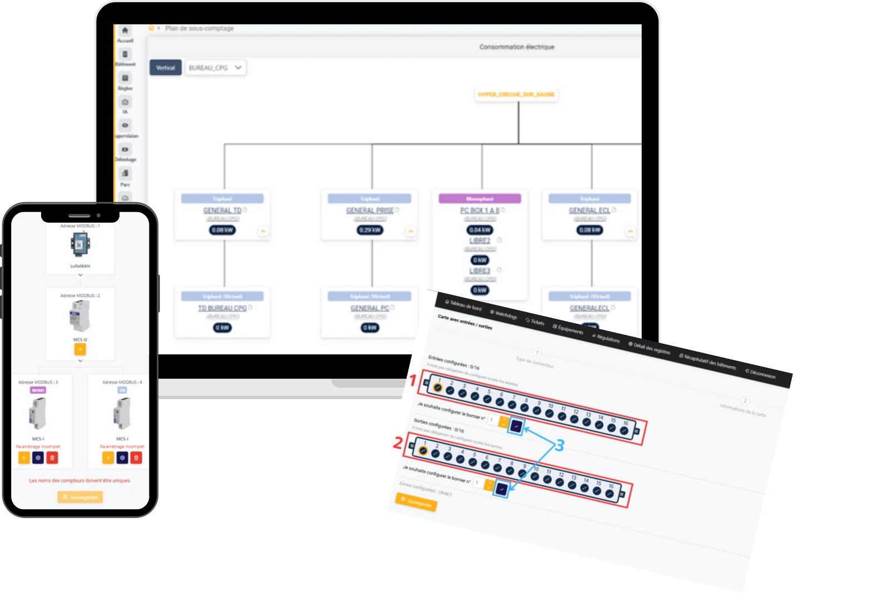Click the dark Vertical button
[x=165, y=68]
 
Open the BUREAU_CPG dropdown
[x=215, y=68]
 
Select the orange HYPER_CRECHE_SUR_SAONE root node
[x=516, y=94]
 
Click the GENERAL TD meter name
[x=222, y=210]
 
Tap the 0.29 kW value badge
[x=370, y=230]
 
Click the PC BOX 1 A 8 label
[x=480, y=210]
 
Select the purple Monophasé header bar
[x=480, y=198]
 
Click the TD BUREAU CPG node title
[x=222, y=308]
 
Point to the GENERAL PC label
[x=370, y=308]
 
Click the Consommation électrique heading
[x=517, y=47]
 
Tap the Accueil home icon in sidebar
[x=125, y=31]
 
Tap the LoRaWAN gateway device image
[x=80, y=244]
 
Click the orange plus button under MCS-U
[x=80, y=349]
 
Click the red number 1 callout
[x=413, y=381]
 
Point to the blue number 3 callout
[x=560, y=445]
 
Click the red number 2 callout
[x=398, y=444]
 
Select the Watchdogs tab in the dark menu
[x=503, y=314]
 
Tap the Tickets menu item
[x=535, y=321]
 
